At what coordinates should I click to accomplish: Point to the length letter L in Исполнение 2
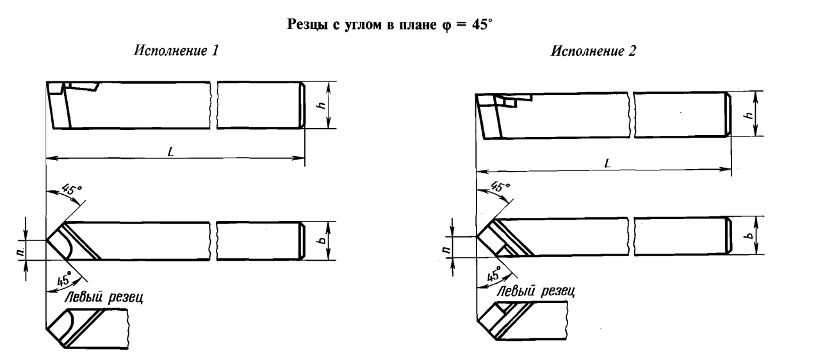606,164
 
